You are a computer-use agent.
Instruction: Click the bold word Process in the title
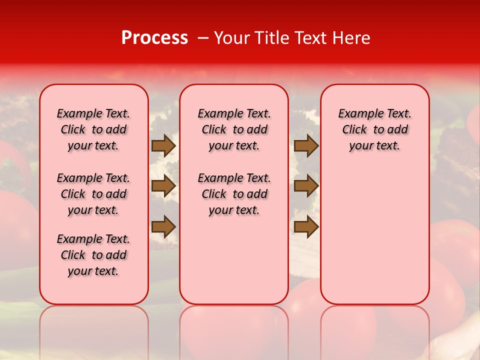click(154, 38)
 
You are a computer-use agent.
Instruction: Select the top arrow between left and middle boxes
click(163, 146)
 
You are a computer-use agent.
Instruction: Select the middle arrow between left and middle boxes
click(163, 186)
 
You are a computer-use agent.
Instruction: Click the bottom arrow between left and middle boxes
click(163, 226)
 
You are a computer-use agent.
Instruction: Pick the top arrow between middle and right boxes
click(306, 146)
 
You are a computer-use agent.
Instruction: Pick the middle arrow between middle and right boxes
click(306, 186)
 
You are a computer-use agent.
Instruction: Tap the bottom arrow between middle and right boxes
click(306, 226)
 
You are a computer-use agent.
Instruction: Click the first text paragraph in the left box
click(93, 130)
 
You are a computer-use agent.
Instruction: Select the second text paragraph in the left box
click(93, 194)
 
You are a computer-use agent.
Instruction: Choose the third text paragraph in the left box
click(93, 255)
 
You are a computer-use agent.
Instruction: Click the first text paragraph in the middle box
click(234, 130)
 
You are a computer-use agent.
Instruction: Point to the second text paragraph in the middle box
click(234, 194)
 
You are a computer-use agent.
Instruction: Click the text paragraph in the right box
click(374, 130)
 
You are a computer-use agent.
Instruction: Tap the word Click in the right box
click(354, 130)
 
